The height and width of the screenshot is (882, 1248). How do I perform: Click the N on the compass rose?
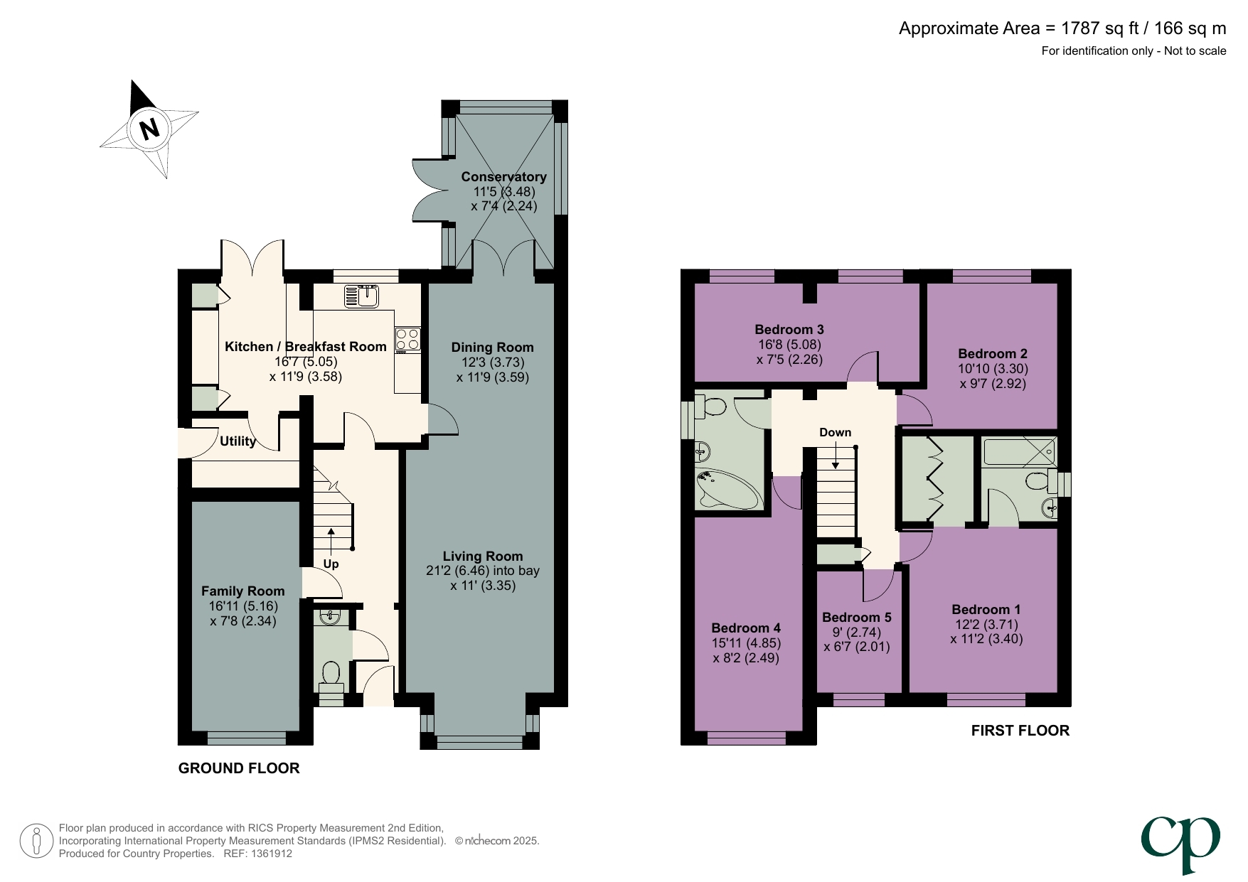(149, 129)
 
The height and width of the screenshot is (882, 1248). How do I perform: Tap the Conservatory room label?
(503, 177)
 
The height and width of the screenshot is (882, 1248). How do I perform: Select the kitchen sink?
(363, 296)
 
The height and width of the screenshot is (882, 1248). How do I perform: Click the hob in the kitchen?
(407, 340)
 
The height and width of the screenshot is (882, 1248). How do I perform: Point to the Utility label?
(238, 441)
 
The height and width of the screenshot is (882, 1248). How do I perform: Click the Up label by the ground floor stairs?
(331, 564)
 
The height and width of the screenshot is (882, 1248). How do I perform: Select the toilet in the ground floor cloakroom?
(331, 674)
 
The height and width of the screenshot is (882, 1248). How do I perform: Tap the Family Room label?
(242, 591)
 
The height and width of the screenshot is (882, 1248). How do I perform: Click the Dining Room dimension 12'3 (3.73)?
(492, 362)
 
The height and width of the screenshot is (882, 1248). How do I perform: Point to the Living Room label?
(482, 556)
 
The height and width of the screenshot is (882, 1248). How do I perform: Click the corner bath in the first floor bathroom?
(727, 490)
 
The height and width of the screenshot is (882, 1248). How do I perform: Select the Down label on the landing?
(835, 433)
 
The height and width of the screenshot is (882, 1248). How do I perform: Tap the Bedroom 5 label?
(856, 618)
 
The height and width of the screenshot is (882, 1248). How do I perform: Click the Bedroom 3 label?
(789, 330)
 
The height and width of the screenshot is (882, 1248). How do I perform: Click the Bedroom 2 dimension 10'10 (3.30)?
(993, 369)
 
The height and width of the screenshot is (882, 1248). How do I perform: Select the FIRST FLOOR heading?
(1020, 731)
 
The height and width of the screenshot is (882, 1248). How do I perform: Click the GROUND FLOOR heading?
(239, 768)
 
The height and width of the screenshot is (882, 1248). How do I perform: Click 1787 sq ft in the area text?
(1099, 28)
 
